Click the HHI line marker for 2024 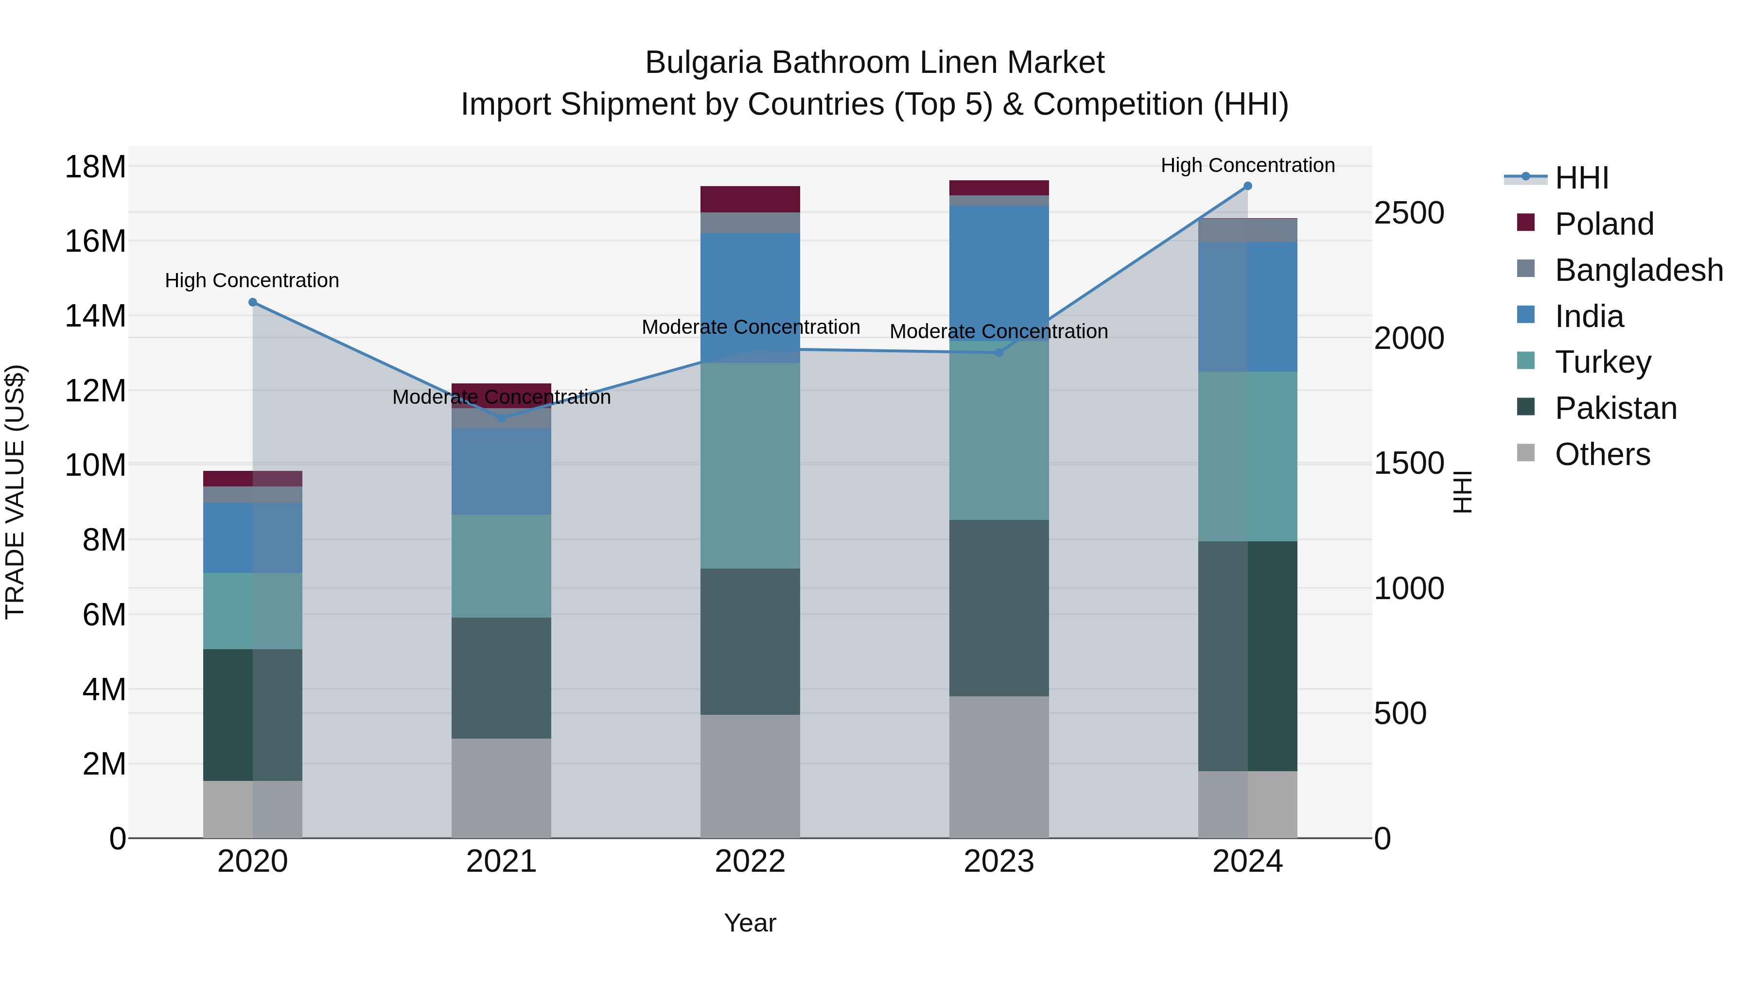[1247, 186]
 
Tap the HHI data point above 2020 [253, 302]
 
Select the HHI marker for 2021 [501, 418]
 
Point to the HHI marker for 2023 [998, 352]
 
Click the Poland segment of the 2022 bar [750, 199]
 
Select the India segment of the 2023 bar [998, 272]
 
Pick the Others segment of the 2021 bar [501, 788]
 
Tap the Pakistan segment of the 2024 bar [1247, 656]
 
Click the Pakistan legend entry [1615, 408]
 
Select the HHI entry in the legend [1581, 178]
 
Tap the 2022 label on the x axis [750, 862]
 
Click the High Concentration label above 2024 [1247, 165]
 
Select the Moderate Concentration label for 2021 [501, 397]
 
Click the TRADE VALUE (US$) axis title [15, 492]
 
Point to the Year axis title [750, 923]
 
